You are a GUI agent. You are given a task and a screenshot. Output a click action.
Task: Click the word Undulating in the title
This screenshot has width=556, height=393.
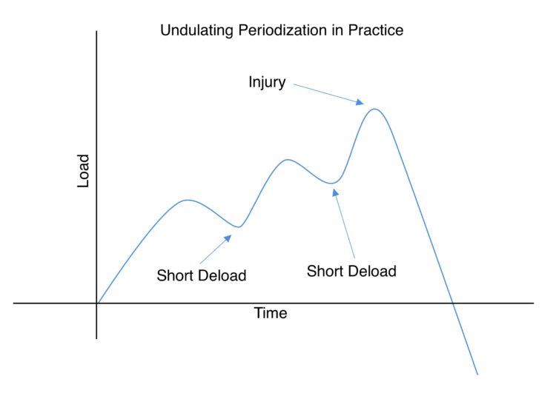pos(196,30)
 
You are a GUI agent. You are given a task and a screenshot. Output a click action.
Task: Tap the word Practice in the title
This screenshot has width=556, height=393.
pos(375,30)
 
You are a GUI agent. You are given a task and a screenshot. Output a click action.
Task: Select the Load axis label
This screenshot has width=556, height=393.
pos(83,171)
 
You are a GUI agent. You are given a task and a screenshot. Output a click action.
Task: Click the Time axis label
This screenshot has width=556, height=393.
pos(270,313)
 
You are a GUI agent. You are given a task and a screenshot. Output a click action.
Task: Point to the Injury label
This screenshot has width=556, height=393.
pos(267,82)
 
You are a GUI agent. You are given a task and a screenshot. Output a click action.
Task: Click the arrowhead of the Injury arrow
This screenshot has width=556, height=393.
pos(360,102)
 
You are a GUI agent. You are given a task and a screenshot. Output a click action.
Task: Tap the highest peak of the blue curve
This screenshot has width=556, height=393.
pos(374,109)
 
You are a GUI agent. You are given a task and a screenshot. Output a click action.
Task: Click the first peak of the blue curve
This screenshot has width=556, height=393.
pos(188,201)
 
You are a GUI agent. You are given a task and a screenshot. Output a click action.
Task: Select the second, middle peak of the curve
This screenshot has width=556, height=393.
pos(288,160)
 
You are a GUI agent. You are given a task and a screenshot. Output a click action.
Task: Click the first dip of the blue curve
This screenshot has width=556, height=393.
pos(239,227)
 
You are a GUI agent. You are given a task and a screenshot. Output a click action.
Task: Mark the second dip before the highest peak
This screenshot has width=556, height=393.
pos(331,183)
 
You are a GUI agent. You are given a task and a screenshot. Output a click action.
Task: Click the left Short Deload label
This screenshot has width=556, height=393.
pos(202,275)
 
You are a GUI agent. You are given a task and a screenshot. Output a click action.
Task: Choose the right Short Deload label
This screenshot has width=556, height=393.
pos(351,271)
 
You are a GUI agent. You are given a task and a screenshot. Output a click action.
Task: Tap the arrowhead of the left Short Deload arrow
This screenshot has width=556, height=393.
pos(228,238)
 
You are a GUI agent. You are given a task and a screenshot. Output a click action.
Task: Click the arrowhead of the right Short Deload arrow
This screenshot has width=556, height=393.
pos(335,192)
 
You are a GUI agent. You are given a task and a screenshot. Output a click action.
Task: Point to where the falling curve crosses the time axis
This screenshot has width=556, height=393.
pos(452,303)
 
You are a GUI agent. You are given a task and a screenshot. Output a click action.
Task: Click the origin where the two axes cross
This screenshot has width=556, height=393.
pos(96,303)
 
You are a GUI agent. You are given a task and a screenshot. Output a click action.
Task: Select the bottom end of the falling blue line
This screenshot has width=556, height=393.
pos(477,374)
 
